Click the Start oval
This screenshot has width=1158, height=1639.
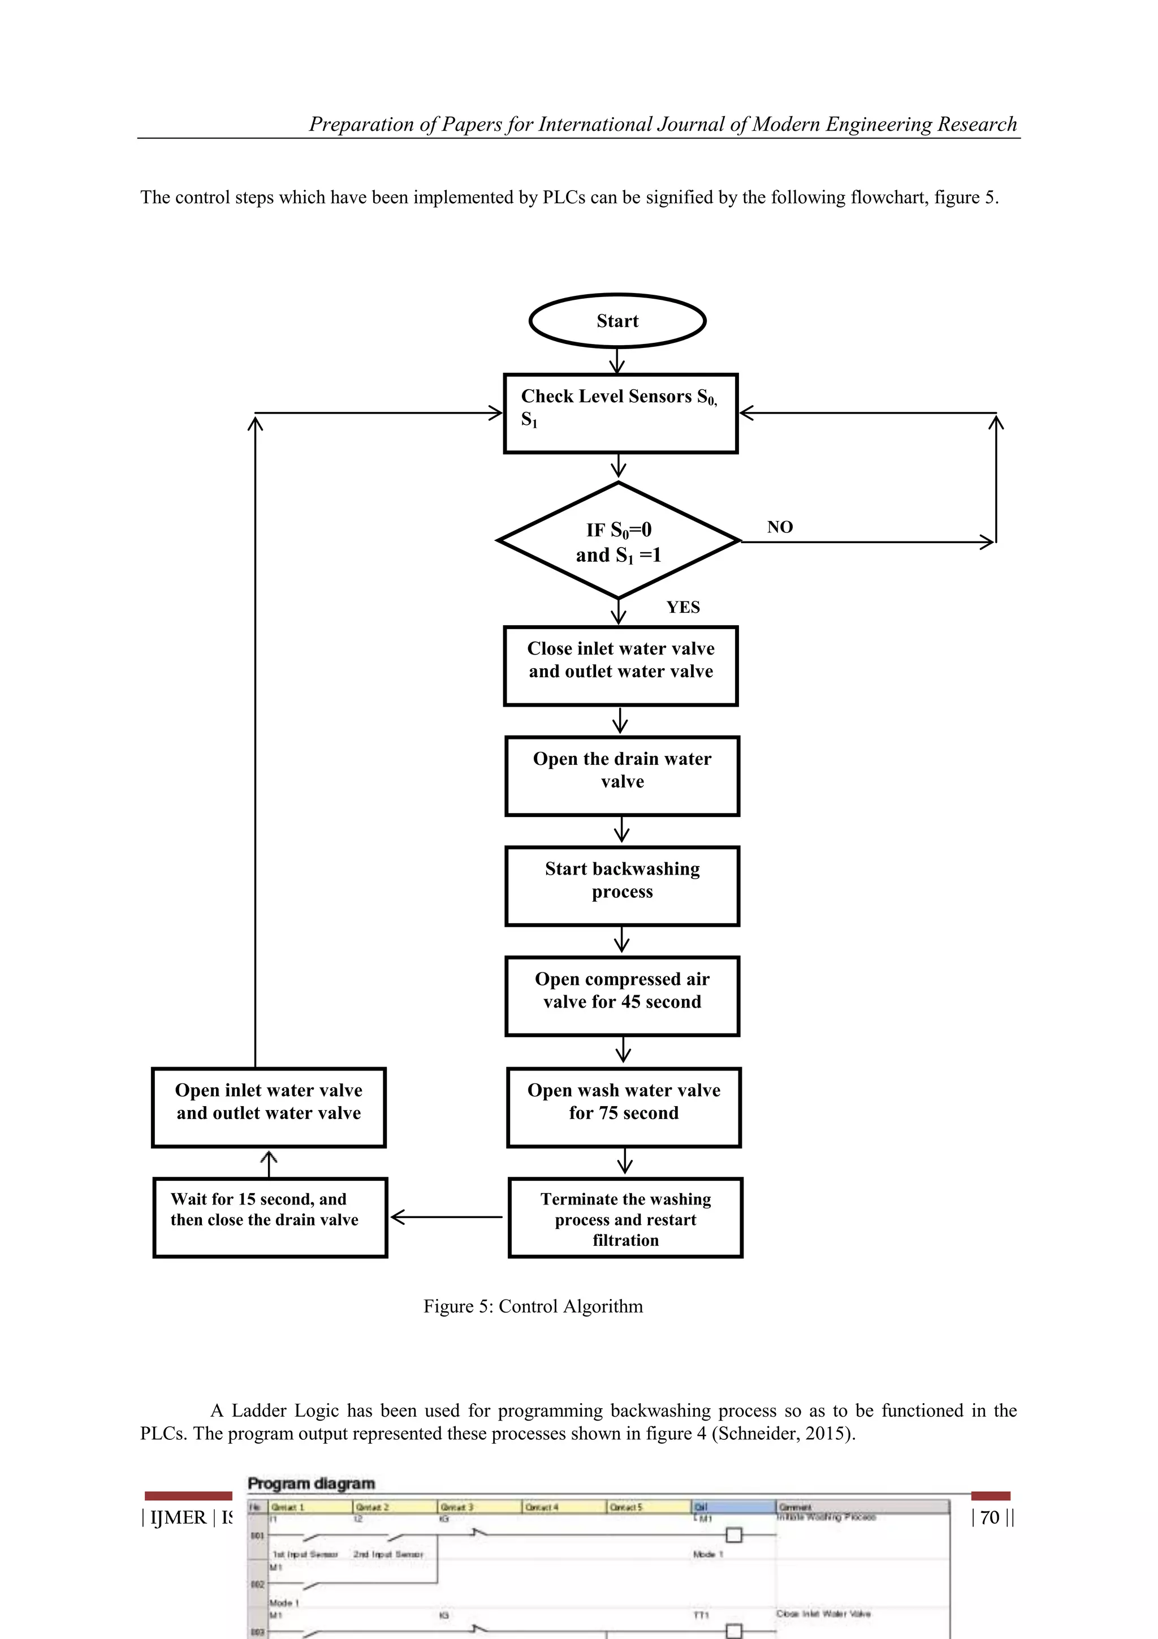617,321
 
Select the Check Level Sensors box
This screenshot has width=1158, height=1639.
620,414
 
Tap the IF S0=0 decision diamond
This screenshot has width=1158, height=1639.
618,541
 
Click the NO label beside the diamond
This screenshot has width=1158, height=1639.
779,527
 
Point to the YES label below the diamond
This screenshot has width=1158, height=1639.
683,608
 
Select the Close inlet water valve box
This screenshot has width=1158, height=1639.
620,666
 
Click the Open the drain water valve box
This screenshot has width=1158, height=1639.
621,776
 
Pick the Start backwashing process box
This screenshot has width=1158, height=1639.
621,886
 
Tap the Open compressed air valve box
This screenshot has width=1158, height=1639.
621,996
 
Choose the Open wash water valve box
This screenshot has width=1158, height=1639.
623,1107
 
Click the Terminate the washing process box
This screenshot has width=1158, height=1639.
625,1218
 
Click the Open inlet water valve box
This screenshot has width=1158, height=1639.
268,1107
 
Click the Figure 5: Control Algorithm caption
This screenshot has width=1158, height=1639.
533,1306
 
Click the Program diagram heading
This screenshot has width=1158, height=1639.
311,1483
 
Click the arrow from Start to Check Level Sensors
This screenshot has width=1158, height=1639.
617,360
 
